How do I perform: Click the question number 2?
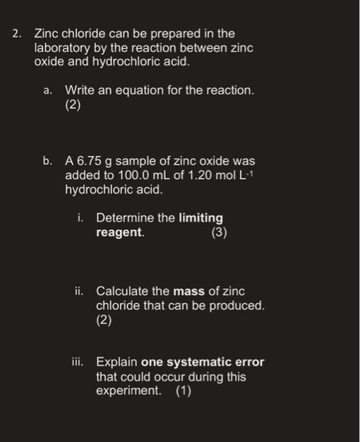16,34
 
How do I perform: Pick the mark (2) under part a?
73,105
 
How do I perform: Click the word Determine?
124,218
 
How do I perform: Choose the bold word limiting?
201,218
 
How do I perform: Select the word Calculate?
123,292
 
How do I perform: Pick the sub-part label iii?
77,363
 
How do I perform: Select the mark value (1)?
183,391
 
